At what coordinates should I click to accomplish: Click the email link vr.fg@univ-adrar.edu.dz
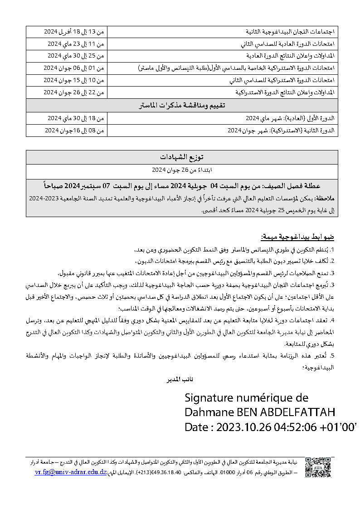(71, 472)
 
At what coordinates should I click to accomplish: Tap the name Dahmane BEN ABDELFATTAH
(260, 412)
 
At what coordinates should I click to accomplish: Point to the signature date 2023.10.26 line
(271, 427)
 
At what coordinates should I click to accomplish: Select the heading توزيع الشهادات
(181, 157)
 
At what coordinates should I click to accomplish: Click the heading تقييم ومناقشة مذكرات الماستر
(181, 106)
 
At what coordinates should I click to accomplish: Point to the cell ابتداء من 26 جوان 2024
(181, 170)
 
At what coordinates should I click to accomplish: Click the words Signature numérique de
(246, 398)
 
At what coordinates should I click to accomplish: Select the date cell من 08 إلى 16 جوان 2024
(74, 131)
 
